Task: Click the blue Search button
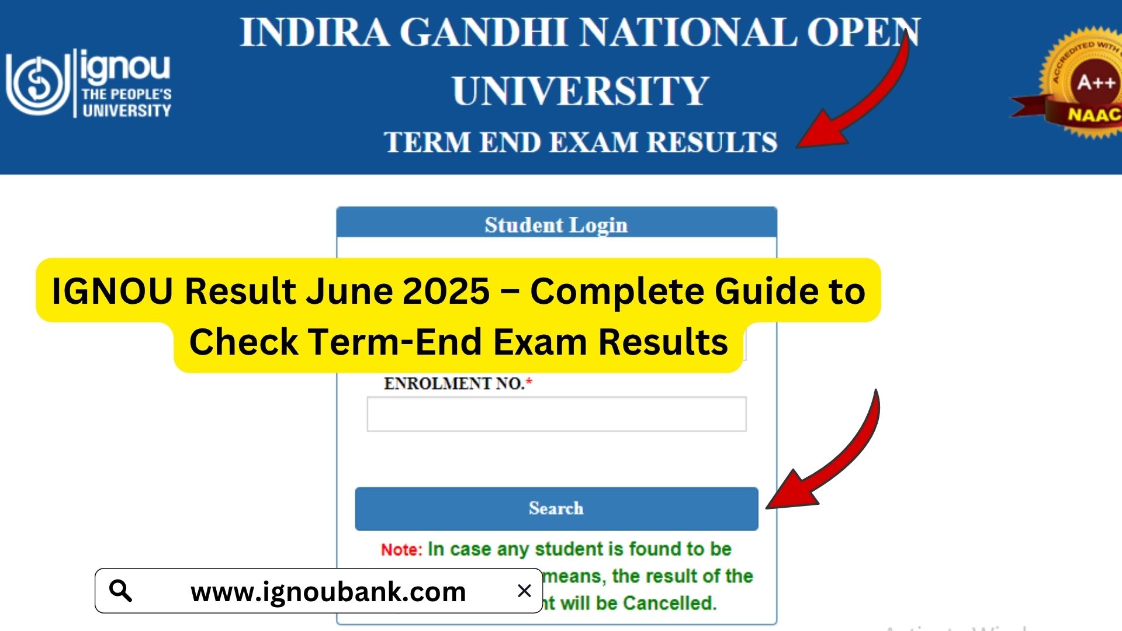pos(556,509)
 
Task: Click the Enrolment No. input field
pos(556,414)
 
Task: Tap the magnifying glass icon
pos(121,591)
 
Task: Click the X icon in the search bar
pos(524,591)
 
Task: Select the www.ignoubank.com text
pos(328,592)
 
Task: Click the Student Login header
pos(556,225)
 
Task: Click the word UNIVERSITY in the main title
pos(580,91)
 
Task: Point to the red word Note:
pos(401,550)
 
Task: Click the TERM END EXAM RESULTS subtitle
pos(580,142)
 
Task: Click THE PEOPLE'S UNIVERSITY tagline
pos(126,102)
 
